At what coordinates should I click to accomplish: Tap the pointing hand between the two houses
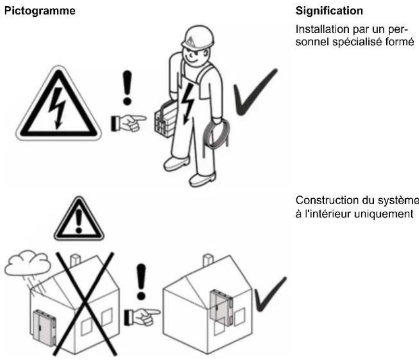point(140,315)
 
